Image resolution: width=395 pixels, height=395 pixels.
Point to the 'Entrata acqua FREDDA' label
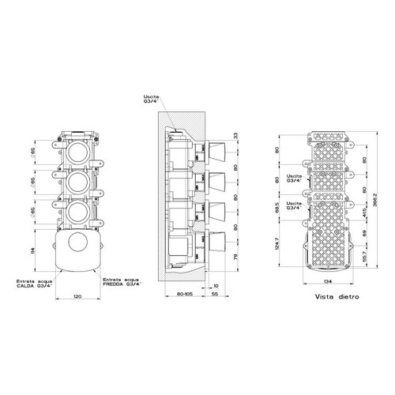(121, 283)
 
